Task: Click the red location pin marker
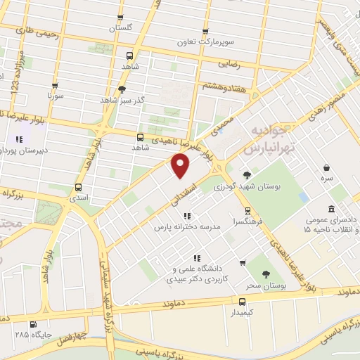(181, 166)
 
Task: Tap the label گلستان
(120, 29)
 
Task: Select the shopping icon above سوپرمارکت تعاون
(205, 32)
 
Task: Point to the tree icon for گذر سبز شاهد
(122, 89)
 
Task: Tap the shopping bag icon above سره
(328, 167)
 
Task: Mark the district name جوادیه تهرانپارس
(265, 141)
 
